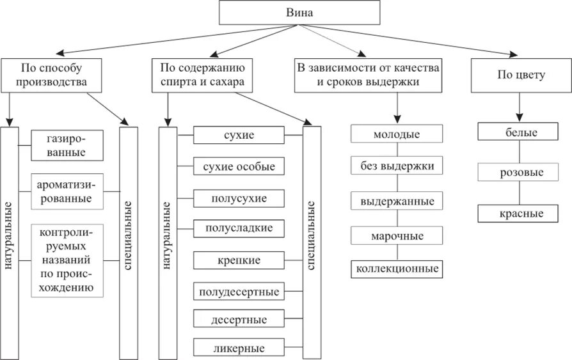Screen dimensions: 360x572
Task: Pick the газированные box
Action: tap(66, 145)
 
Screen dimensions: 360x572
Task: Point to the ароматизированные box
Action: tap(66, 191)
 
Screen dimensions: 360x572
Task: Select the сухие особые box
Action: tap(239, 167)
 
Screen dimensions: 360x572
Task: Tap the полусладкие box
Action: tap(239, 228)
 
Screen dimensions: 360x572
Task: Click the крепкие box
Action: tap(239, 260)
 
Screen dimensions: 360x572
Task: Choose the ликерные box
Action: tap(239, 348)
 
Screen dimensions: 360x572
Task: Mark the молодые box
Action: tap(397, 134)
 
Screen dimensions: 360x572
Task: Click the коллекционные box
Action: tap(397, 269)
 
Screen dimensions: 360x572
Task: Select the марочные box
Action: tap(397, 236)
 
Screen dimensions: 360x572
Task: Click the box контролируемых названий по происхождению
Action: tap(66, 260)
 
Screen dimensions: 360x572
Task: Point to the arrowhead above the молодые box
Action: tap(397, 120)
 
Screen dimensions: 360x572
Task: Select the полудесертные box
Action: tap(239, 292)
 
